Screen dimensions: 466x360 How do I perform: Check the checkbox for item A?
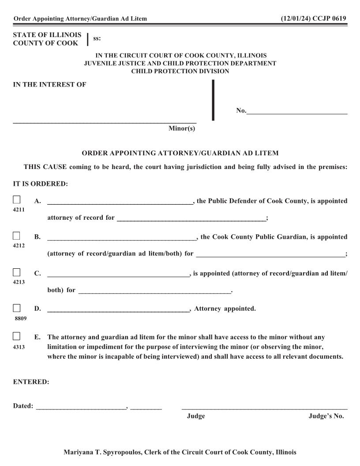pyautogui.click(x=17, y=200)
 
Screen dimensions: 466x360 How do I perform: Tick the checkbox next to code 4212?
pyautogui.click(x=17, y=236)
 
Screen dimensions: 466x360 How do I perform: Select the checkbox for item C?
pyautogui.click(x=17, y=272)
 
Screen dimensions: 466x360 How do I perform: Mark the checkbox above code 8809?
pyautogui.click(x=17, y=308)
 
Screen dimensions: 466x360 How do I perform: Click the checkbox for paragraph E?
pyautogui.click(x=17, y=337)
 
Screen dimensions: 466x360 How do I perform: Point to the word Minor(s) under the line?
pyautogui.click(x=181, y=128)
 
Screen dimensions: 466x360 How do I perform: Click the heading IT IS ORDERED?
pyautogui.click(x=40, y=184)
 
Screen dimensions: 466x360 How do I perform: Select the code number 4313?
pyautogui.click(x=19, y=347)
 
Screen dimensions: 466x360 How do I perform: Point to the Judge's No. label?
pyautogui.click(x=326, y=416)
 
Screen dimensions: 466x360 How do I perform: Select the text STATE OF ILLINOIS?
pyautogui.click(x=47, y=34)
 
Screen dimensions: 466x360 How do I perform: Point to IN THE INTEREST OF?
pyautogui.click(x=49, y=85)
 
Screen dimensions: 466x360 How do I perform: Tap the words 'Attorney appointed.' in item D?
pyautogui.click(x=225, y=308)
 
